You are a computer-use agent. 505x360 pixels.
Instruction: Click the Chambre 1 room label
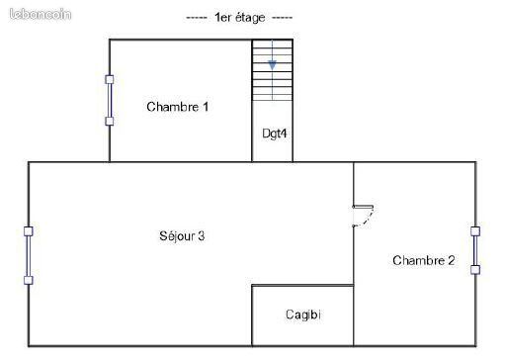pyautogui.click(x=178, y=107)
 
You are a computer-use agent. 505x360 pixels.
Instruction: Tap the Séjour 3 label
pyautogui.click(x=182, y=236)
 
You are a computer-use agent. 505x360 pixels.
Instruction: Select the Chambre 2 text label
pyautogui.click(x=424, y=260)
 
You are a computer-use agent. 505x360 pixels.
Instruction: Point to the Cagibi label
pyautogui.click(x=303, y=315)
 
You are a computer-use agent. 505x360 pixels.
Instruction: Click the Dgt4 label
pyautogui.click(x=274, y=134)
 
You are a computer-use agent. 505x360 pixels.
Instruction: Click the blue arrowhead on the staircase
pyautogui.click(x=272, y=65)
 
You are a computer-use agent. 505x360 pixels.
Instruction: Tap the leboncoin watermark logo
pyautogui.click(x=41, y=14)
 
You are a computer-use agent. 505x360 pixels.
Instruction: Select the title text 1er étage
pyautogui.click(x=239, y=18)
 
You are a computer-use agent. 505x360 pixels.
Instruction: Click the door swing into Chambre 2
pyautogui.click(x=363, y=217)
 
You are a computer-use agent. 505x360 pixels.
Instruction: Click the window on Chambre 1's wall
pyautogui.click(x=110, y=101)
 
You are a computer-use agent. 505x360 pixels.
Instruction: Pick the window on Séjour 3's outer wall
pyautogui.click(x=29, y=256)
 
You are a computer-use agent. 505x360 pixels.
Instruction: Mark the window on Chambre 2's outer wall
pyautogui.click(x=475, y=250)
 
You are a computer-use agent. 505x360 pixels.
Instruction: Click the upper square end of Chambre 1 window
pyautogui.click(x=110, y=79)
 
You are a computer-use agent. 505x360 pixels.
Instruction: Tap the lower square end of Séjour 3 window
pyautogui.click(x=29, y=281)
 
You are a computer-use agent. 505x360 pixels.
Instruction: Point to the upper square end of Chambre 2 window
pyautogui.click(x=475, y=231)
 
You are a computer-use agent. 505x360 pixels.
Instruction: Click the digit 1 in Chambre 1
pyautogui.click(x=206, y=107)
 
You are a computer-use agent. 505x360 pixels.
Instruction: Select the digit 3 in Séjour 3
pyautogui.click(x=201, y=236)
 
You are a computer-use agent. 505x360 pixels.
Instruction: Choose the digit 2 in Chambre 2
pyautogui.click(x=452, y=260)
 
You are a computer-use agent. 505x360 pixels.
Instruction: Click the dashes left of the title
pyautogui.click(x=197, y=18)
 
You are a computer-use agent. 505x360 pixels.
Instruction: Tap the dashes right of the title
pyautogui.click(x=283, y=18)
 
